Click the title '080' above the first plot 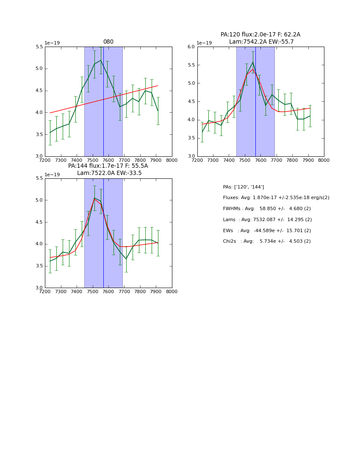coord(108,42)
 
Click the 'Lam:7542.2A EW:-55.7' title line coord(261,42)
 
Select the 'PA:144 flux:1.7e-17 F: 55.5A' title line coord(108,166)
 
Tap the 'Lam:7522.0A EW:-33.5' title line coord(109,173)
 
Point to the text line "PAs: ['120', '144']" coord(244,187)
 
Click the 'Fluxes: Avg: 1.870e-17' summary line coord(276,198)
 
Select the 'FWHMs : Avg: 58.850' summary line coord(267,209)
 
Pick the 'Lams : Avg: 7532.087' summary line coord(267,220)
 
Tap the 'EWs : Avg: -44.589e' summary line coord(267,230)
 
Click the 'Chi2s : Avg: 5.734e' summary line coord(267,241)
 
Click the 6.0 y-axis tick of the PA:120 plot coord(191,47)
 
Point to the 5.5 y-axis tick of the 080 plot coord(39,47)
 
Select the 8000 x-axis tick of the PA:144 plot coord(172,291)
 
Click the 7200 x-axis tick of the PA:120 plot coord(197,160)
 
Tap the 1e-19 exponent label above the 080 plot coord(52,43)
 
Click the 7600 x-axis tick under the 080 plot coord(108,160)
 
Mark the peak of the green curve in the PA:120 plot coord(253,62)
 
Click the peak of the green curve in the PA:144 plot coord(94,198)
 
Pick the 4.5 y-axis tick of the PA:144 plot coord(39,222)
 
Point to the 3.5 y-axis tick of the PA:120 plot coord(191,138)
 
